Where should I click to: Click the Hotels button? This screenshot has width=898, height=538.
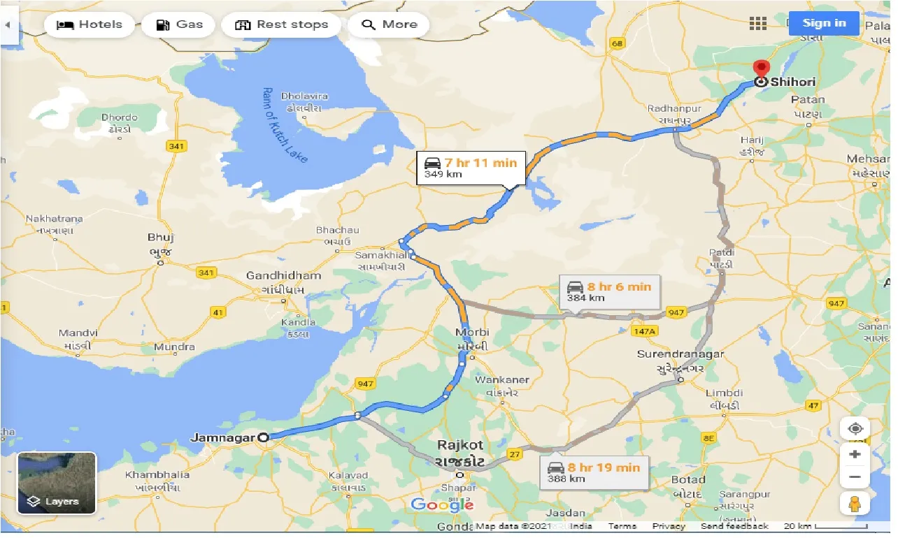coord(89,24)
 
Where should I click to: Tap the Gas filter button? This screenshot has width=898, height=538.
coord(178,24)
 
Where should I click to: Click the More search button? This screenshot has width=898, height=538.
coord(389,24)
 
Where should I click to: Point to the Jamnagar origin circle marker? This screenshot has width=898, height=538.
coord(263,438)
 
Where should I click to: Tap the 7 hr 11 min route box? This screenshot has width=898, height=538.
coord(470,168)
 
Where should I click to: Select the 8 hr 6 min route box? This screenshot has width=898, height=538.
coord(609,291)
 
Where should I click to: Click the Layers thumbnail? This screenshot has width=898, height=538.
coord(57,484)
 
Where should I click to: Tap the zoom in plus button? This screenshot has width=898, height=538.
coord(855,455)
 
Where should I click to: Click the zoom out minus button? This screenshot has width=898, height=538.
coord(855,478)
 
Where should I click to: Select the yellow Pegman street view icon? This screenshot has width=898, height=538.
coord(855,504)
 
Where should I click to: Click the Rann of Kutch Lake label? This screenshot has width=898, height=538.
coord(285,126)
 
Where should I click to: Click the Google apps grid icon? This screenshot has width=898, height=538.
coord(758,24)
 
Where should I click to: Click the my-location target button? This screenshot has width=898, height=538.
coord(855,428)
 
